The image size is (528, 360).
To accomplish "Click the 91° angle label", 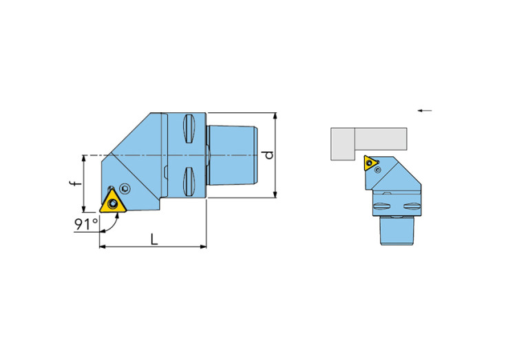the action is (x=86, y=224).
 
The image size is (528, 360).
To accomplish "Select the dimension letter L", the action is (x=154, y=240).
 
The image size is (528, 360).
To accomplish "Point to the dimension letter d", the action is (x=268, y=155).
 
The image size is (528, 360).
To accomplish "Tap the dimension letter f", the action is (x=77, y=183).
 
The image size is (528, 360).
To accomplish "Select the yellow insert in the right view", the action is (x=370, y=163).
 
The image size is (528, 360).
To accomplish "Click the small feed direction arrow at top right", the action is (x=425, y=110).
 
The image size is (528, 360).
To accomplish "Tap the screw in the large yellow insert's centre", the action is (x=113, y=203).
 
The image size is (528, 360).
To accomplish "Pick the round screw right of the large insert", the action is (x=125, y=189).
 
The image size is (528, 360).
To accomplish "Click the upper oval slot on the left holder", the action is (x=189, y=129).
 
